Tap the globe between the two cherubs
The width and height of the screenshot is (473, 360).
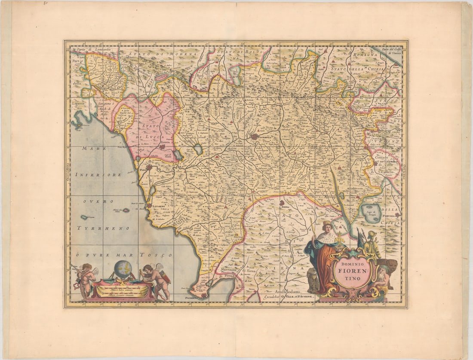tap(123, 269)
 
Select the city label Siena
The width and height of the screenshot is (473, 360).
tap(285, 207)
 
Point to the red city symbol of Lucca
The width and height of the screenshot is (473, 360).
tap(162, 147)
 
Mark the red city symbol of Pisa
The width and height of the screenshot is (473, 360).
tap(149, 167)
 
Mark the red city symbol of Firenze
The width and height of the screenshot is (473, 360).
tap(254, 137)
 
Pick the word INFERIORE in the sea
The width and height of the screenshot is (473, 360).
tap(98, 175)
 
